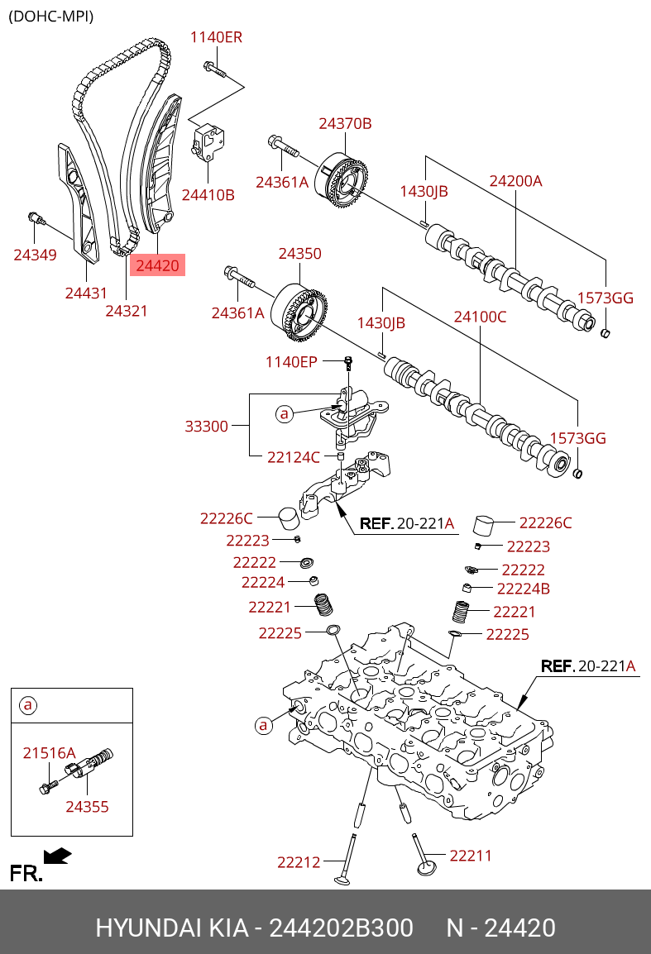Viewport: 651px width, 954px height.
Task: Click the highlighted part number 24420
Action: [157, 265]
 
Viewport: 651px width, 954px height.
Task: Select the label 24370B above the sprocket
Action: [345, 124]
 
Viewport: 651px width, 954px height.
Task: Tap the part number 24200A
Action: [515, 180]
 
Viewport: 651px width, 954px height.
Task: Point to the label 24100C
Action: [480, 316]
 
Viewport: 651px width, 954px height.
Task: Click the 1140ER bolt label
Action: [216, 37]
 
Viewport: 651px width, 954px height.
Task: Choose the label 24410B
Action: [208, 195]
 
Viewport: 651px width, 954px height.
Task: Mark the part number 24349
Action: [35, 255]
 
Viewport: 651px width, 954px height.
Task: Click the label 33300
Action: [206, 426]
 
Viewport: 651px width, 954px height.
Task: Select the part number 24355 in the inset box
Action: [87, 806]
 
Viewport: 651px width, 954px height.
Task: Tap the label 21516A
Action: [49, 752]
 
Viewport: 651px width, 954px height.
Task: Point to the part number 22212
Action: [299, 862]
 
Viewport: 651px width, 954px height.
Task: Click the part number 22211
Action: [471, 856]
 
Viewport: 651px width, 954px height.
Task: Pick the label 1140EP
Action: [291, 361]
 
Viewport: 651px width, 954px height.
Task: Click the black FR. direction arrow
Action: [57, 855]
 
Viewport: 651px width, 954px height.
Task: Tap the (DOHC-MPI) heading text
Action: [50, 16]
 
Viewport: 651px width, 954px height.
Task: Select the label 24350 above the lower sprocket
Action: [299, 254]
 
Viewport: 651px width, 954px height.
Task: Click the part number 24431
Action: [87, 293]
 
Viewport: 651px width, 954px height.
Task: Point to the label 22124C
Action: [293, 456]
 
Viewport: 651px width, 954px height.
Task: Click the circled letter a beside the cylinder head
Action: [264, 725]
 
